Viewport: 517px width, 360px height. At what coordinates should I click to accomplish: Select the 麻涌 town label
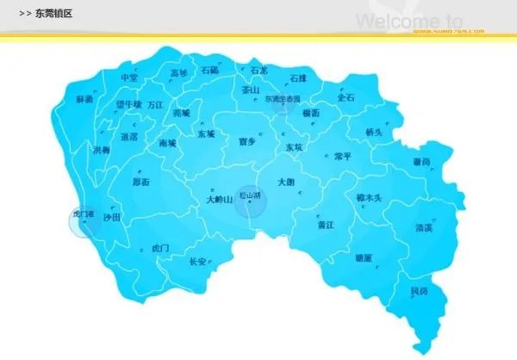tap(84, 100)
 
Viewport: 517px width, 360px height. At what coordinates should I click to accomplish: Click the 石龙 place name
tap(258, 70)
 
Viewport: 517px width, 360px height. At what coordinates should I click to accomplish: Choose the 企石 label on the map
tap(346, 98)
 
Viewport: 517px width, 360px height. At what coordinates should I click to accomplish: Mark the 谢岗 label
tap(420, 161)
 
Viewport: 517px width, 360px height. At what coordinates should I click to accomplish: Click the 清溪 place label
tap(423, 228)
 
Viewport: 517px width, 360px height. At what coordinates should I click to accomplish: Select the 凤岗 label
tap(418, 291)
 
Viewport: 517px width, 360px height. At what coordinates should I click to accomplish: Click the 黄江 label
tap(326, 225)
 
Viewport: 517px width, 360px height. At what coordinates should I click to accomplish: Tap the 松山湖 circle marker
tap(251, 199)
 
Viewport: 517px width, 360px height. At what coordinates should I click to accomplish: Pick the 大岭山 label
tap(220, 199)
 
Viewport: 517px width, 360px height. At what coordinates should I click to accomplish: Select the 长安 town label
tap(197, 261)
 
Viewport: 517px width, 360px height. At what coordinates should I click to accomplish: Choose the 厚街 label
tap(140, 183)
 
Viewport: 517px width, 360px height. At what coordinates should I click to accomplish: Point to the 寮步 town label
tap(246, 142)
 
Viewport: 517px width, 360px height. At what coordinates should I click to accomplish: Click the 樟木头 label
tap(369, 197)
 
